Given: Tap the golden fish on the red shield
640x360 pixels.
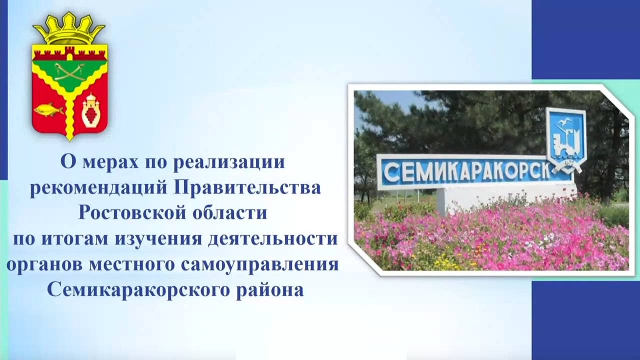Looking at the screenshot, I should coord(48,109).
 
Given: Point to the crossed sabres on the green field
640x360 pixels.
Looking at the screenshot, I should coord(69,72).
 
